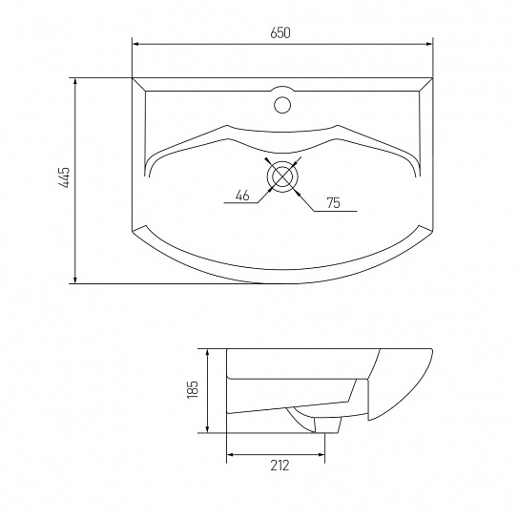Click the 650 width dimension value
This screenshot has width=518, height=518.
[x=280, y=33]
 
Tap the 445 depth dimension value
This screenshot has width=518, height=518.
[x=64, y=177]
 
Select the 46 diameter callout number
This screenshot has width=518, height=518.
[x=242, y=196]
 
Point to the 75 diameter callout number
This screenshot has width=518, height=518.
[x=333, y=203]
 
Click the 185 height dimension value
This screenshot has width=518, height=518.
[x=193, y=389]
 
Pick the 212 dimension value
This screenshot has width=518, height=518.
[x=280, y=466]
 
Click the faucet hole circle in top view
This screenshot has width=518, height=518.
[x=282, y=105]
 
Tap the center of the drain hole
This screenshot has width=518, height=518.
[x=282, y=176]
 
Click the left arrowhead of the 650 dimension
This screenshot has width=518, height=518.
[x=135, y=44]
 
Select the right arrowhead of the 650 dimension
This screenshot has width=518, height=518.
[x=429, y=44]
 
